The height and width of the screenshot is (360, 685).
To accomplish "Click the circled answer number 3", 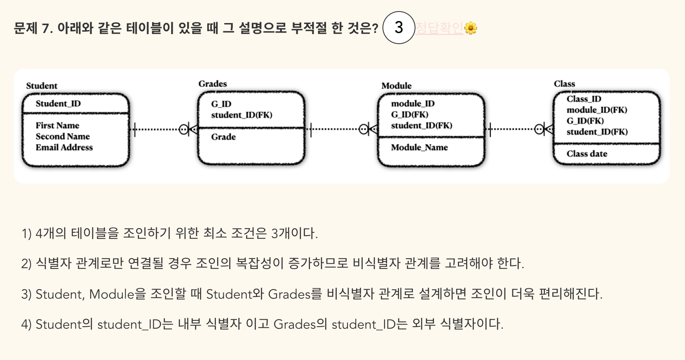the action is [399, 28].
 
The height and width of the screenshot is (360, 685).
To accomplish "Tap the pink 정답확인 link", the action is [439, 28].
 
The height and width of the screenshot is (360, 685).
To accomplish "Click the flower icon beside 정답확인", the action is [471, 28].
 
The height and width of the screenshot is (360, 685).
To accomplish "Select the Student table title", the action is [42, 86].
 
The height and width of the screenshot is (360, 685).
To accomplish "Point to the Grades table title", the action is [213, 84].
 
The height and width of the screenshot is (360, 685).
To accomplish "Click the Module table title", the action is [396, 86].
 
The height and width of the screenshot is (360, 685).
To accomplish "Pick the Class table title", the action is [564, 84].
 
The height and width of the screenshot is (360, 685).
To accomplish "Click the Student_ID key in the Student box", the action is [58, 103].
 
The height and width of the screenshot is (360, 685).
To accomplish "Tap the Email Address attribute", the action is [64, 147].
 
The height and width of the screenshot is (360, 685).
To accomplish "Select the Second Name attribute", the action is [63, 136].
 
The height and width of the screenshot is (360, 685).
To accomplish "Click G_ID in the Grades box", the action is [221, 104].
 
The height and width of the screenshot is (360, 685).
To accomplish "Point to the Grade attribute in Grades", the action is [223, 137].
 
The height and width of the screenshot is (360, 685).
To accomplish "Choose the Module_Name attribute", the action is [419, 147].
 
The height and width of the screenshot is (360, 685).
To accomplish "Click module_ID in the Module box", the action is [413, 103].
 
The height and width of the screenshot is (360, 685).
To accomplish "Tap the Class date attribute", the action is [586, 154].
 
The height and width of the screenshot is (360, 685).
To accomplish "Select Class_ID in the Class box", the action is [584, 99].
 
